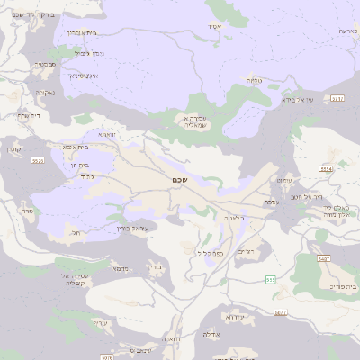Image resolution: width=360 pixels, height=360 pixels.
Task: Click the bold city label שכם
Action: [x=178, y=180]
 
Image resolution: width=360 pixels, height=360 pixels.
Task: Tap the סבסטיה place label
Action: [x=45, y=65]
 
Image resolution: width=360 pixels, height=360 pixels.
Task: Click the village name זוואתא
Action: [x=106, y=133]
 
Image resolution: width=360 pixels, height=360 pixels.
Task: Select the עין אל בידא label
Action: [x=298, y=100]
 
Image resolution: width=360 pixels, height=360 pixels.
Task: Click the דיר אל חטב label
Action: [x=306, y=194]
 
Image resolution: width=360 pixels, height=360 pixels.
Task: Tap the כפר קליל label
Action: [x=210, y=253]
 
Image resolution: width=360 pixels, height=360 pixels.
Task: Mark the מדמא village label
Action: [x=119, y=268]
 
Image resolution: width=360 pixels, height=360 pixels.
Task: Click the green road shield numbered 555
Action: [x=271, y=280]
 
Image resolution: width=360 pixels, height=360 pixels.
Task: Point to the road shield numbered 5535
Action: [x=37, y=160]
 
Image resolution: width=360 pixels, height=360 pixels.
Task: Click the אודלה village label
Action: [x=212, y=334]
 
